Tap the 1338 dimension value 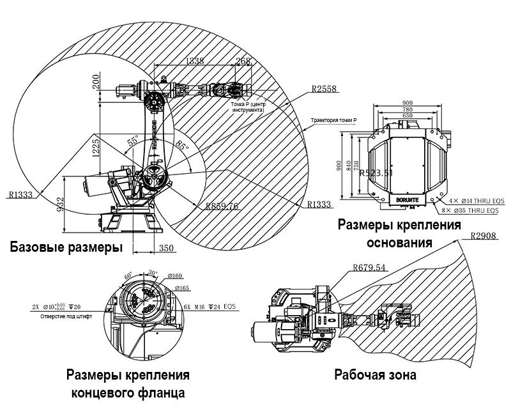pos(195,61)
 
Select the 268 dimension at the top pos(243,61)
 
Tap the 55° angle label pos(133,142)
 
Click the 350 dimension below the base pos(166,248)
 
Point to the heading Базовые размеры pos(66,247)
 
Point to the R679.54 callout pos(369,268)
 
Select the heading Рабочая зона pos(375,375)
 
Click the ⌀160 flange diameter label pos(174,276)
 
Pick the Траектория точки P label pos(333,120)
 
